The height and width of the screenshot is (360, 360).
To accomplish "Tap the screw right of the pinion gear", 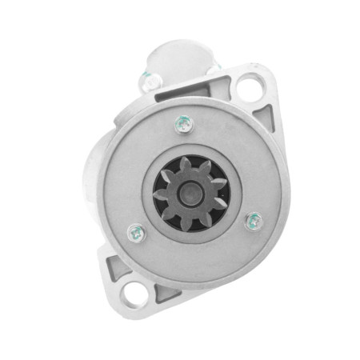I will (x=252, y=220).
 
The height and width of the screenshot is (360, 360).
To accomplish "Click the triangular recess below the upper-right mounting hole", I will (x=264, y=120).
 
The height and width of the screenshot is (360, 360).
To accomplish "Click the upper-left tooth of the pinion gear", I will (x=166, y=172).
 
